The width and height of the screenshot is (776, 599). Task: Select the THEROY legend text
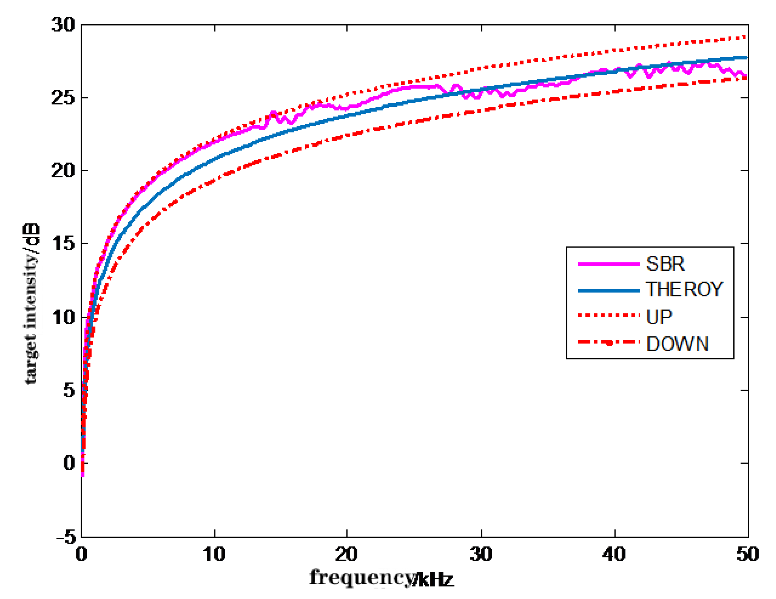point(684,290)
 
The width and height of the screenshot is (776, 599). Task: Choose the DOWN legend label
point(677,344)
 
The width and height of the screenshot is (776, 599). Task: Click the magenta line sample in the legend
point(609,264)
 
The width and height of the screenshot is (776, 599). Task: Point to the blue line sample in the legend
point(609,291)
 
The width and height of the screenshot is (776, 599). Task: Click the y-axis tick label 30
point(63,25)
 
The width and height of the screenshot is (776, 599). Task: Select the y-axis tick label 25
point(63,98)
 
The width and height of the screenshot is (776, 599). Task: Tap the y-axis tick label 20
point(63,170)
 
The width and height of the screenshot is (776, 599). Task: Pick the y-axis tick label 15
point(63,244)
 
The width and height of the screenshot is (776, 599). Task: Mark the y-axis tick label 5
point(69,390)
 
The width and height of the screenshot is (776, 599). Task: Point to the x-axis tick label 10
point(214,554)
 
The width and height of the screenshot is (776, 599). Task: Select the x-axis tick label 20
point(346,554)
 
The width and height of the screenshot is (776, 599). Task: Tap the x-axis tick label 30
point(481,554)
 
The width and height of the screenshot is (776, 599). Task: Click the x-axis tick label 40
point(614,554)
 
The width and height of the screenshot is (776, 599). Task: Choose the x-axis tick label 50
point(747,554)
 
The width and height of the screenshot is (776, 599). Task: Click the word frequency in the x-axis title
point(362,578)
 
